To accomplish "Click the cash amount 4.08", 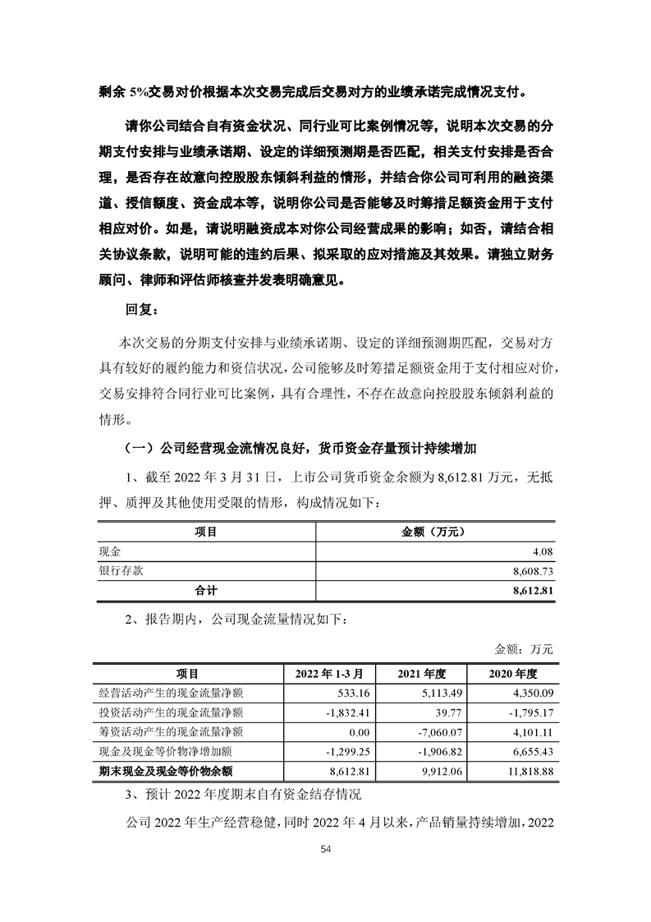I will pyautogui.click(x=544, y=552).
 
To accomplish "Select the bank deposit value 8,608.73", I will pyautogui.click(x=533, y=571).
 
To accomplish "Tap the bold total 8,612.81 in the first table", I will pyautogui.click(x=533, y=590).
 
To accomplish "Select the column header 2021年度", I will pyautogui.click(x=420, y=674).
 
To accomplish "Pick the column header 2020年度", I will pyautogui.click(x=513, y=674).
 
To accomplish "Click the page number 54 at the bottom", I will pyautogui.click(x=325, y=851).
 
